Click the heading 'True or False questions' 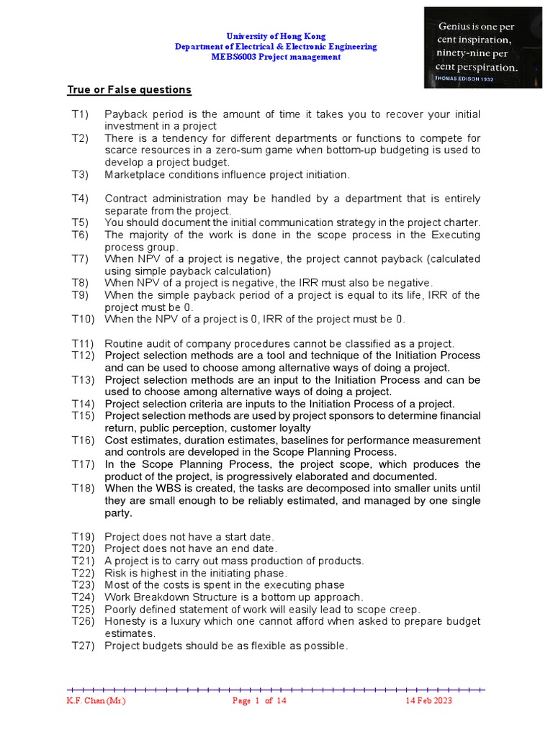(x=130, y=90)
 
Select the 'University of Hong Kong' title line (x=276, y=36)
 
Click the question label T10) (x=83, y=319)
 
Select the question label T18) (x=83, y=488)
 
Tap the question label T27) (x=83, y=646)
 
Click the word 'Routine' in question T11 (x=124, y=343)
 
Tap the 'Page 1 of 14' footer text (x=259, y=701)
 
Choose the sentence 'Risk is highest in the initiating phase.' (x=196, y=573)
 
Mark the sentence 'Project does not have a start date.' (x=189, y=536)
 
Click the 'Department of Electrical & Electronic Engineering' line (x=276, y=47)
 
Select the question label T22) (x=83, y=573)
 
